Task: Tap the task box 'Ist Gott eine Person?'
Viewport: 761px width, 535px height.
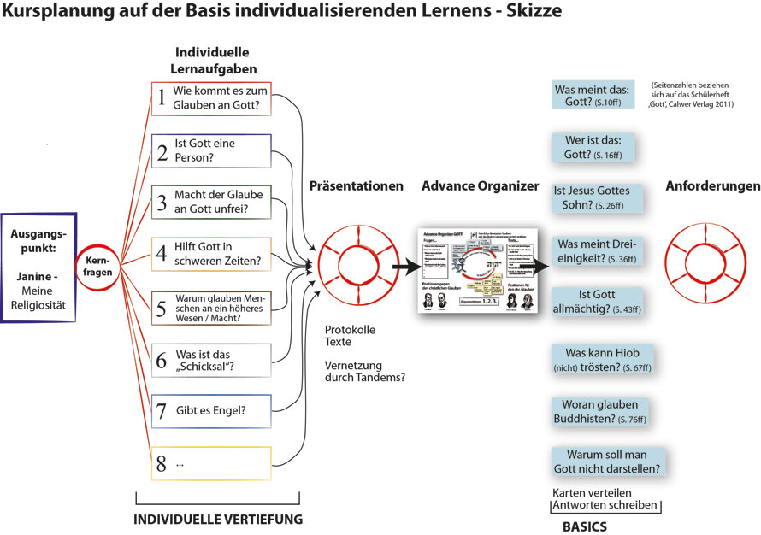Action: [x=211, y=151]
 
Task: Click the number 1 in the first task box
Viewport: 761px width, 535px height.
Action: [x=161, y=99]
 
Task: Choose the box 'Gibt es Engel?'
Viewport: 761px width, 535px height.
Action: [x=211, y=412]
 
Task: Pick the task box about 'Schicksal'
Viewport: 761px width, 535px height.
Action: [x=211, y=360]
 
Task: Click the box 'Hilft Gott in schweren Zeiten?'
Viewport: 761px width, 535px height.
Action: [x=211, y=256]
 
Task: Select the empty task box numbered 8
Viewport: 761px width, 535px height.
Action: [x=211, y=464]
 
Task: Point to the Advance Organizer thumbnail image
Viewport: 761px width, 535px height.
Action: [x=475, y=269]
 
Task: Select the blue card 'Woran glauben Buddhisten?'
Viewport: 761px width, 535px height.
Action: [x=604, y=411]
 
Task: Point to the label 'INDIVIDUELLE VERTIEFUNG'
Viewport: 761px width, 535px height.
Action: [x=217, y=519]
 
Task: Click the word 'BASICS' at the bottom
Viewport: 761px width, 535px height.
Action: [x=584, y=526]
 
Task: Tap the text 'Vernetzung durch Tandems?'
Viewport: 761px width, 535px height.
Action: [x=364, y=371]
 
